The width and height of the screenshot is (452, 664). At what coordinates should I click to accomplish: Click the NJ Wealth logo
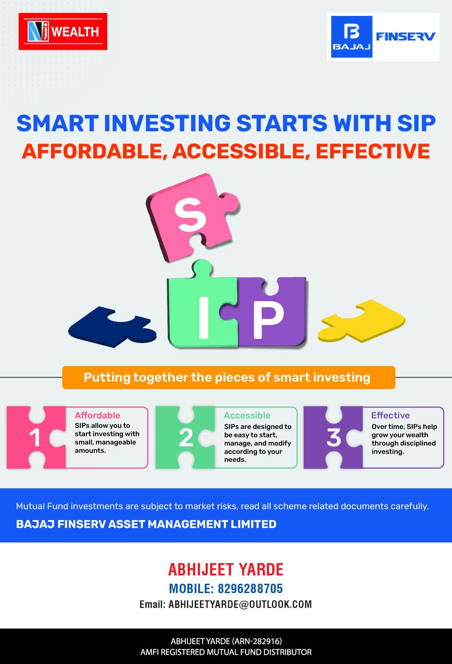pos(63,31)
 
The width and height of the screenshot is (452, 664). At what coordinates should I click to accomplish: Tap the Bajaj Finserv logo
pos(383,37)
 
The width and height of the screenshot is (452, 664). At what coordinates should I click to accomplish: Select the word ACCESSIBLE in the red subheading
pos(241,151)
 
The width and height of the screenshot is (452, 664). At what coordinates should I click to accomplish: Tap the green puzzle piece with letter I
pos(202,307)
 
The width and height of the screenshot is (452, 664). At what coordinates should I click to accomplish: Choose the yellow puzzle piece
pos(362,321)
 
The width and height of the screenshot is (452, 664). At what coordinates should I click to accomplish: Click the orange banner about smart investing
pos(229,378)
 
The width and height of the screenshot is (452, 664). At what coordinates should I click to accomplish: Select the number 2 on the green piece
pos(186,438)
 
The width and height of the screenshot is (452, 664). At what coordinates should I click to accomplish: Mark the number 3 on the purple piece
pos(334,437)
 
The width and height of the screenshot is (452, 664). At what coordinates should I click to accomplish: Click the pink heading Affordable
pos(97,416)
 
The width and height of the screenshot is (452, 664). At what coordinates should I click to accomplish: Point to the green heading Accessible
pos(247,416)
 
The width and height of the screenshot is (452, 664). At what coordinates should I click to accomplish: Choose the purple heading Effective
pos(391,416)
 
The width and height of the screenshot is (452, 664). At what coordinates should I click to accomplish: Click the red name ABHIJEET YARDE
pos(226,570)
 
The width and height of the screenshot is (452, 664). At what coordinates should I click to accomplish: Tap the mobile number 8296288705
pos(250,589)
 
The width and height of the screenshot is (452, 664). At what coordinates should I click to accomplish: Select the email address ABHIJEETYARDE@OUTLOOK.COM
pos(240,605)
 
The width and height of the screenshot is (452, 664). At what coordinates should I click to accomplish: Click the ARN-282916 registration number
pos(256,641)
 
